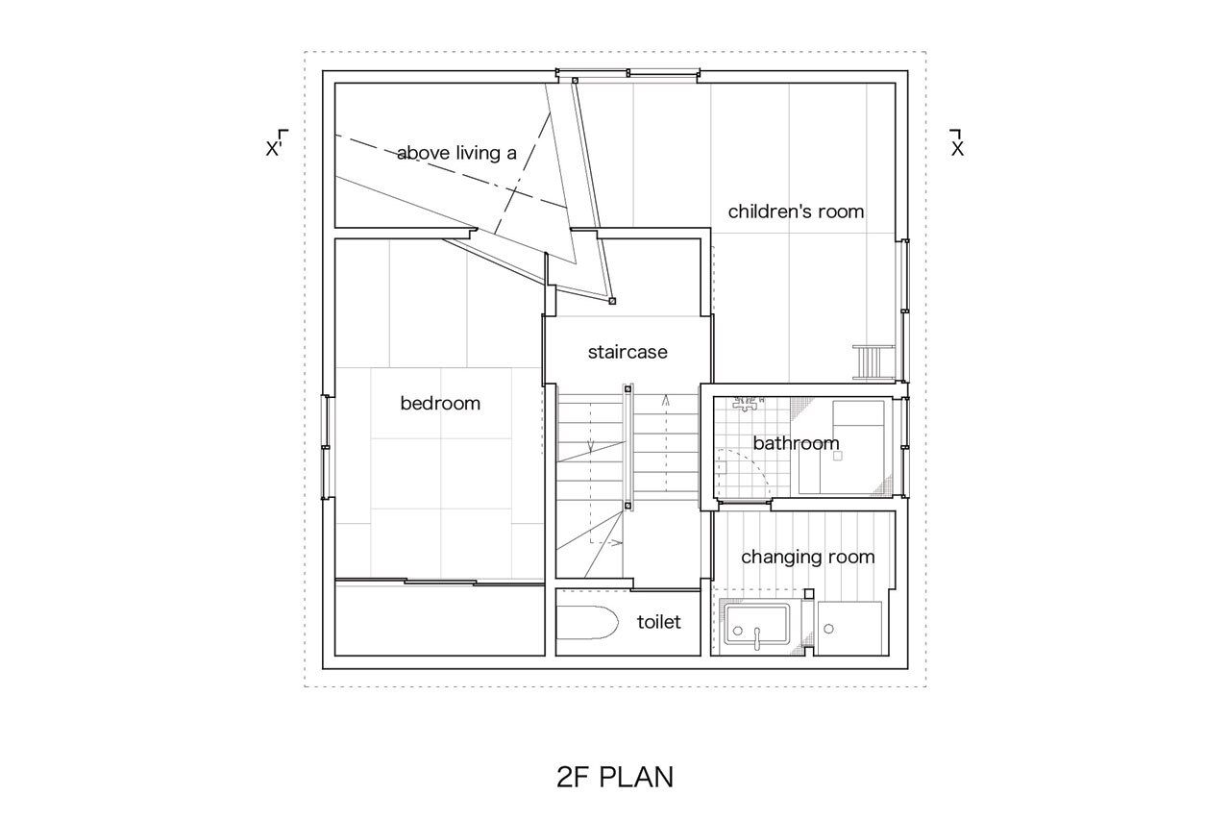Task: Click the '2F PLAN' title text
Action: click(614, 777)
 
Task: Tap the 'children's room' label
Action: click(796, 211)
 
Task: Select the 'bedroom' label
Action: click(440, 403)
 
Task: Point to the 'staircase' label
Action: click(627, 352)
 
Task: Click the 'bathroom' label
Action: click(796, 443)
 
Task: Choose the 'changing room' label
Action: click(808, 557)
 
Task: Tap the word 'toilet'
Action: click(658, 622)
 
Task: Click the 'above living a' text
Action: click(456, 153)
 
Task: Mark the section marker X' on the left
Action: click(277, 143)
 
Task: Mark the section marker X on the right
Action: click(956, 143)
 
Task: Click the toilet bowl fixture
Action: click(587, 622)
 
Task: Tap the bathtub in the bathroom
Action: click(841, 447)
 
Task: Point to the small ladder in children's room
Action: click(873, 362)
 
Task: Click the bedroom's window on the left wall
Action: click(326, 447)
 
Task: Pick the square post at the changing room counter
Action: click(808, 594)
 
